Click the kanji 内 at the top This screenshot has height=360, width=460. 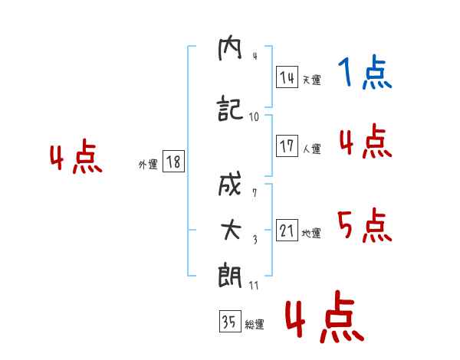click(x=230, y=50)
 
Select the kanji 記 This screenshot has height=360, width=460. click(x=230, y=108)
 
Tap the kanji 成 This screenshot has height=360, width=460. click(x=230, y=184)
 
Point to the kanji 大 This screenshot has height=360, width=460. click(x=232, y=230)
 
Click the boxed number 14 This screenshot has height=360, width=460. click(x=287, y=77)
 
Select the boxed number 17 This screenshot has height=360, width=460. click(x=287, y=146)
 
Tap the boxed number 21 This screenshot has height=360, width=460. click(x=287, y=230)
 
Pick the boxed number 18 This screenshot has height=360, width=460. click(x=173, y=162)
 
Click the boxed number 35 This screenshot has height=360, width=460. click(x=230, y=321)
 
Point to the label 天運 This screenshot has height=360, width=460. click(x=311, y=80)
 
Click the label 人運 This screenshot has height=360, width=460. click(x=311, y=149)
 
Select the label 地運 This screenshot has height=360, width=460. click(x=311, y=233)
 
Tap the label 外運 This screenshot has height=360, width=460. click(x=148, y=165)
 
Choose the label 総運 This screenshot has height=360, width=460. click(x=255, y=324)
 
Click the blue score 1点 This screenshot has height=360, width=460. click(x=365, y=72)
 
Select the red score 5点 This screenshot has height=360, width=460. click(x=365, y=225)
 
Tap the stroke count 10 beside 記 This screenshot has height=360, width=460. click(x=254, y=117)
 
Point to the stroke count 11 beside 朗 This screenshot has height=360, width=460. click(x=254, y=285)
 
